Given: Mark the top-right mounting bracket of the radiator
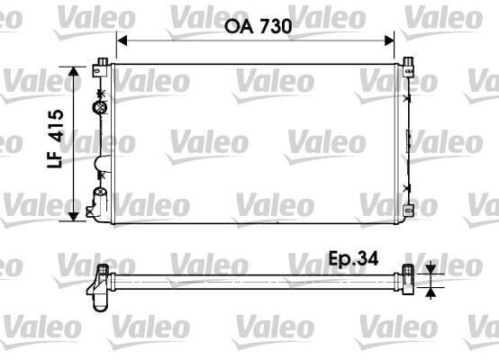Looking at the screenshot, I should [x=408, y=64].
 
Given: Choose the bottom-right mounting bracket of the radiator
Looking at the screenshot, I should [x=408, y=211].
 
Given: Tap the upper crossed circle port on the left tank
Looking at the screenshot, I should [x=99, y=108].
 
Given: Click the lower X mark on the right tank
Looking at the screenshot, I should [x=408, y=187].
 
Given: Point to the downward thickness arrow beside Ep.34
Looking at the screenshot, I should [x=431, y=267].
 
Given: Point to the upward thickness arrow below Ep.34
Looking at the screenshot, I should [x=431, y=290].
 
